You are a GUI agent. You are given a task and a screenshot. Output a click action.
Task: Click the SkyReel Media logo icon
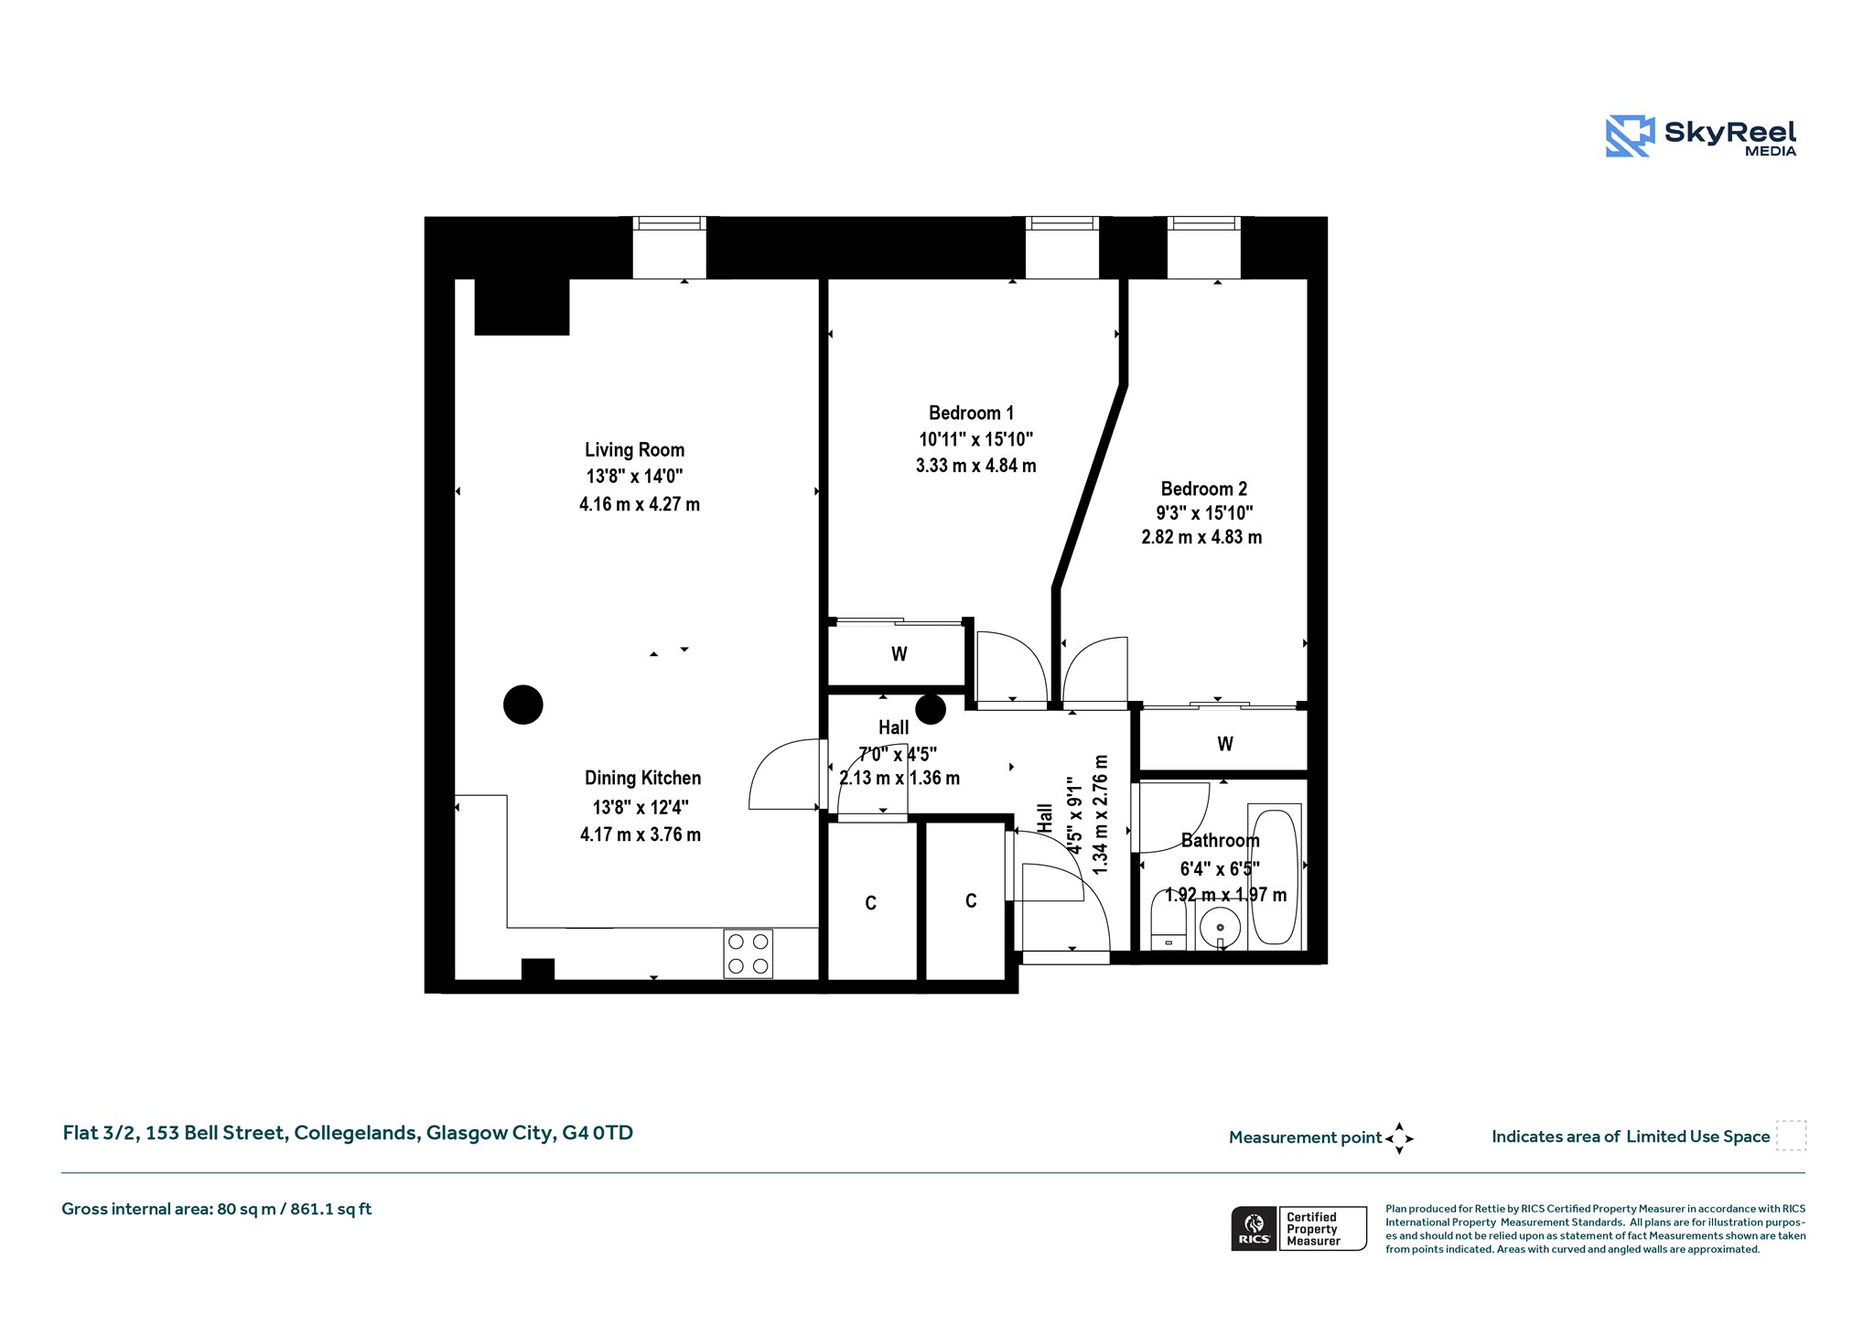[1630, 136]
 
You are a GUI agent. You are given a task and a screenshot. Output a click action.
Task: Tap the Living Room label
[634, 450]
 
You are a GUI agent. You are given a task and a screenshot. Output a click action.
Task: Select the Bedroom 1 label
[971, 413]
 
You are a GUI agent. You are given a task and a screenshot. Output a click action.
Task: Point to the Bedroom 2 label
[1203, 489]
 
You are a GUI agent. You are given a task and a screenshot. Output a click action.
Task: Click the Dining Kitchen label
[642, 779]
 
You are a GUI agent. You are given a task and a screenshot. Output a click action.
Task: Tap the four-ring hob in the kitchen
[748, 953]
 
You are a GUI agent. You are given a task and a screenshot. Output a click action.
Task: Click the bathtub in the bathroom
[1275, 875]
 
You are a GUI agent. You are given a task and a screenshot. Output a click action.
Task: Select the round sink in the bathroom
[1220, 929]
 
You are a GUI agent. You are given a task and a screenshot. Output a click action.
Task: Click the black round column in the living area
[523, 705]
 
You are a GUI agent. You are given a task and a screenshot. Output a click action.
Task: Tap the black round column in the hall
[931, 709]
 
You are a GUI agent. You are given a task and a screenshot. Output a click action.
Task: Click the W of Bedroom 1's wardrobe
[899, 654]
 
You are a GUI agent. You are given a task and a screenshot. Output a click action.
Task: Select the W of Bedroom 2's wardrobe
[1225, 744]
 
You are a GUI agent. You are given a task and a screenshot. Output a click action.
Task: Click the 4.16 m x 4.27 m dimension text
[640, 504]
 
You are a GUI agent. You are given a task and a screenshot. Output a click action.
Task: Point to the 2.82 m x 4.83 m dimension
[1201, 537]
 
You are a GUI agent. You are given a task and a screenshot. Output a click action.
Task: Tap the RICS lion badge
[1255, 1228]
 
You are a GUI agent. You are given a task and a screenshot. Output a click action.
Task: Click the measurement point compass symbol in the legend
[1399, 1138]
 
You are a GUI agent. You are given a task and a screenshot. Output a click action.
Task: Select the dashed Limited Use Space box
[1791, 1136]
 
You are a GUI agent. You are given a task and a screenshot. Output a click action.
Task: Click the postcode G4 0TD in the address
[598, 1133]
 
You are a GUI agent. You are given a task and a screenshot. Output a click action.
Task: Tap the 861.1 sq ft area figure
[331, 1210]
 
